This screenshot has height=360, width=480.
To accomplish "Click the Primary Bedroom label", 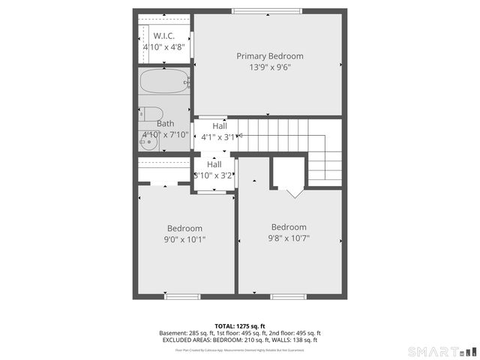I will click(x=270, y=56).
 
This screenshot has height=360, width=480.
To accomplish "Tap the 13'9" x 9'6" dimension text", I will click(x=270, y=67).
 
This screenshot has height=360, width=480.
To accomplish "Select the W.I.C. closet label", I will click(x=164, y=36).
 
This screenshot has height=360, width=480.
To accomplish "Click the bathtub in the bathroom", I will click(x=164, y=81).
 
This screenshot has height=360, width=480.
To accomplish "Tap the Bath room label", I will click(x=165, y=124).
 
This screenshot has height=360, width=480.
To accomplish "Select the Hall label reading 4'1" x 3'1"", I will click(x=219, y=126).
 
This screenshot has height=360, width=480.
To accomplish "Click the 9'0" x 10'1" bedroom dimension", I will click(x=184, y=239).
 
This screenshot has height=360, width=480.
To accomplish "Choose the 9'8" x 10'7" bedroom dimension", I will click(x=289, y=238).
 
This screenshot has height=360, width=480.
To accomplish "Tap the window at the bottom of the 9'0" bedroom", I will click(x=183, y=297).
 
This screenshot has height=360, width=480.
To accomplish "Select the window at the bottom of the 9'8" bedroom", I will click(x=289, y=297).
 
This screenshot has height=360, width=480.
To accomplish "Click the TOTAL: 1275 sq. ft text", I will click(x=240, y=325).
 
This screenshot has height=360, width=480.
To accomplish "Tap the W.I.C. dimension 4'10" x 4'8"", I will click(x=164, y=47).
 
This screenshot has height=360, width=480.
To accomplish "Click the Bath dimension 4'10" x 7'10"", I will click(x=165, y=135).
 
